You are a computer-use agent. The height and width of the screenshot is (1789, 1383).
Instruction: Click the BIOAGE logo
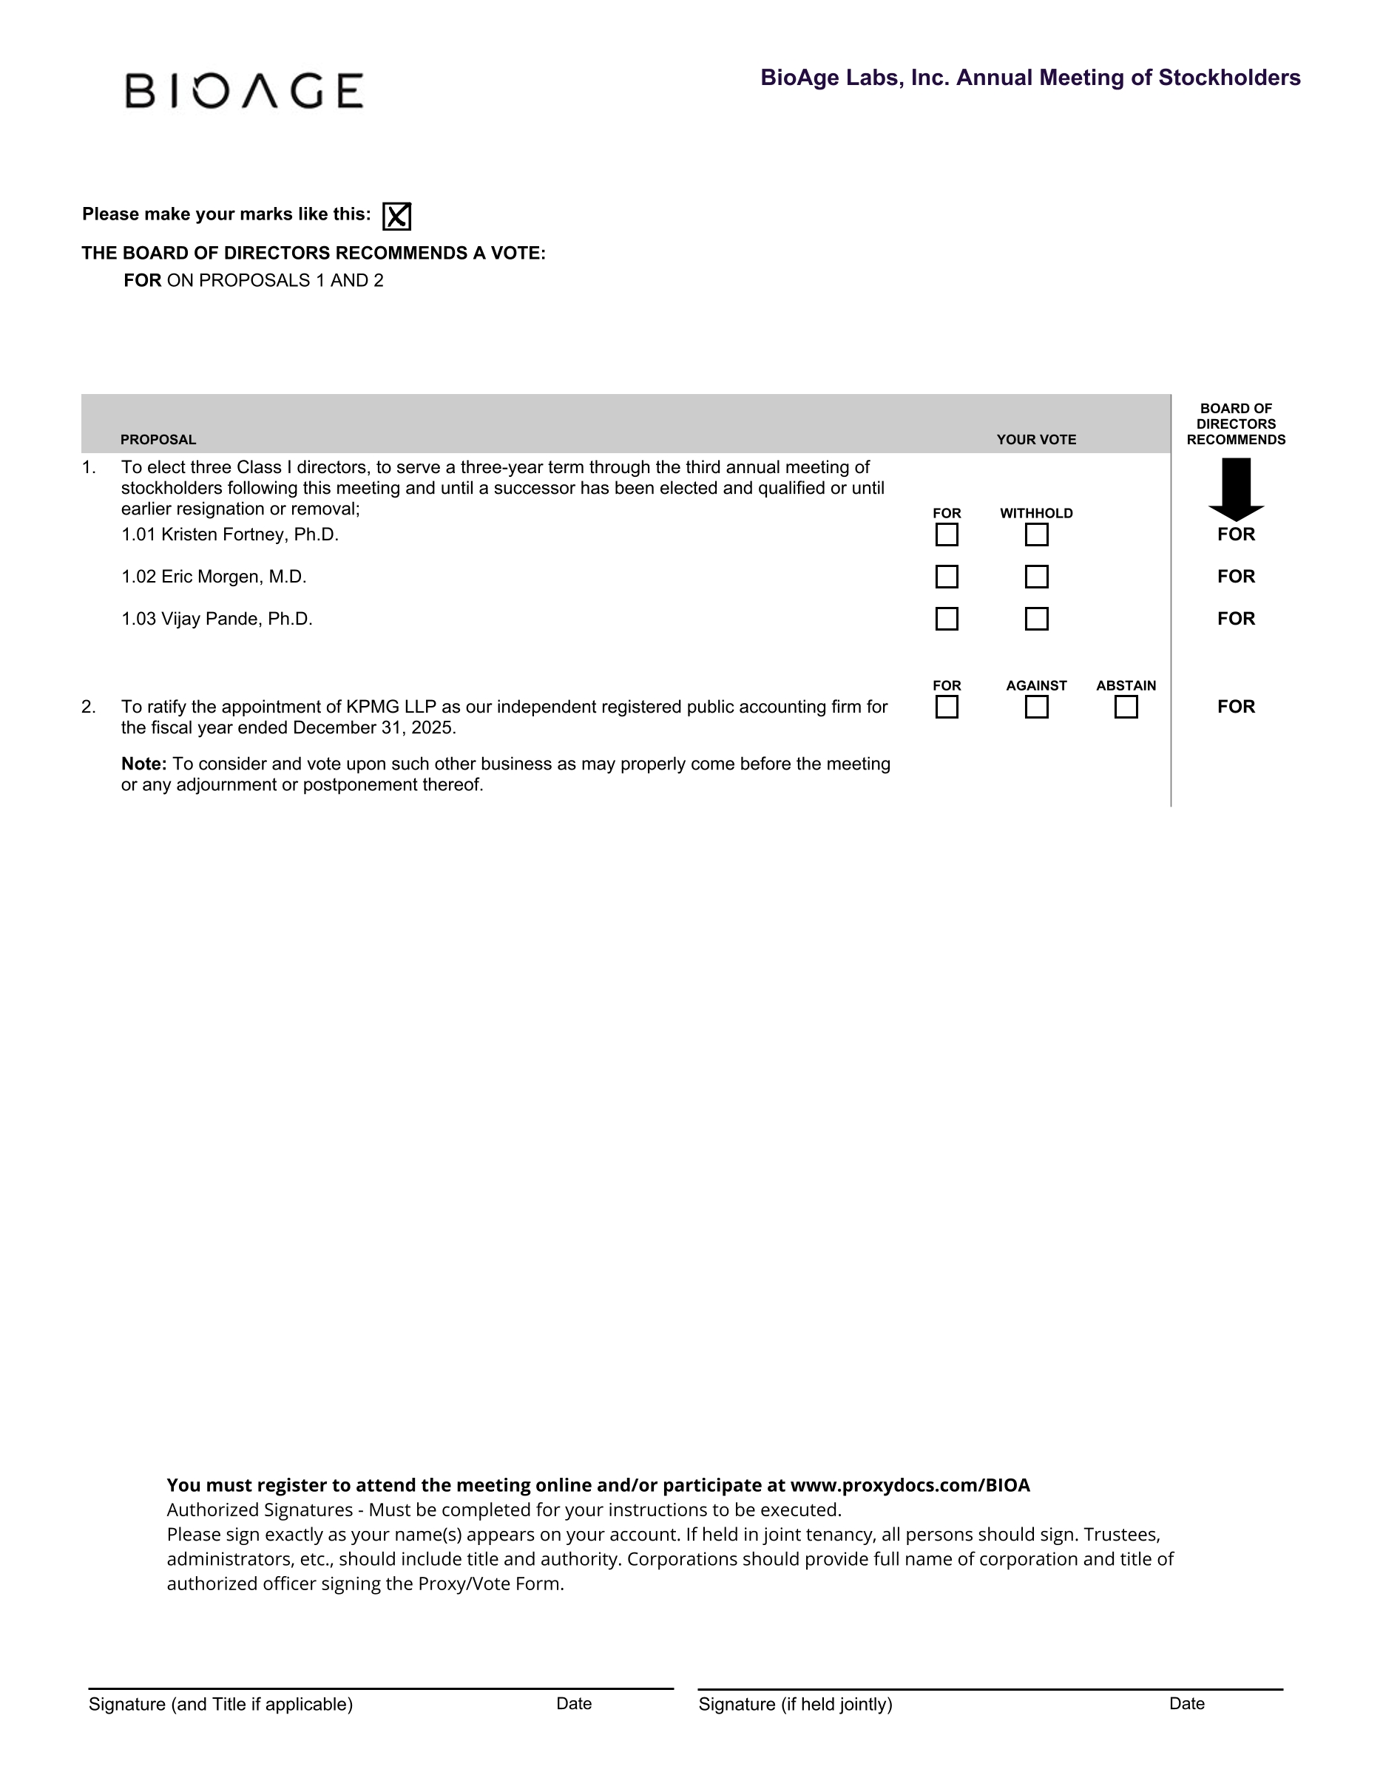(243, 90)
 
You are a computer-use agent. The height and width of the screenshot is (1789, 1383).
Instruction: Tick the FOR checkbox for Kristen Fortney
(947, 535)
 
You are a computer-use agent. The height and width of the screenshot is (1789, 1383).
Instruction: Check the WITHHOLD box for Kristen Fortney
(1036, 535)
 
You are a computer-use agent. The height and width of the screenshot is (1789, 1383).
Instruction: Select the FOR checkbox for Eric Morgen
(947, 577)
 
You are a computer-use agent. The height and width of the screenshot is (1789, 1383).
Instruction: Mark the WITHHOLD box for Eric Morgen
(1036, 577)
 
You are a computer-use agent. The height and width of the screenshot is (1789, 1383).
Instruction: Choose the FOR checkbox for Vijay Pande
(947, 619)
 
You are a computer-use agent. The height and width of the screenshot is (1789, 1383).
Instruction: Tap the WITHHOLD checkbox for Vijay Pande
(1036, 619)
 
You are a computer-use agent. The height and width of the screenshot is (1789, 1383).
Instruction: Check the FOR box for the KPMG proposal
(947, 707)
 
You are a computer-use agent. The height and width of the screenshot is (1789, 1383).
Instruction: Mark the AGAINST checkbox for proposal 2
(1036, 707)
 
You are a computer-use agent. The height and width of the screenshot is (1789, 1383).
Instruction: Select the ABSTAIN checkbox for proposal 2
(1126, 707)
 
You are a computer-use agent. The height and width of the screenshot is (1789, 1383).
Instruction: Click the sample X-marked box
(396, 217)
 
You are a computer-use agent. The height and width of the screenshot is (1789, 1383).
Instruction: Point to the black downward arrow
(1236, 488)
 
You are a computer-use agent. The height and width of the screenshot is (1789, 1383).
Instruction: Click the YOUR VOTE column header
(1035, 440)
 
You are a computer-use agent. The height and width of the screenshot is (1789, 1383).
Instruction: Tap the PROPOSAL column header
(158, 440)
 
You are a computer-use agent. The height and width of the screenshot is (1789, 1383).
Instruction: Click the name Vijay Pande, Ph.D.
(237, 619)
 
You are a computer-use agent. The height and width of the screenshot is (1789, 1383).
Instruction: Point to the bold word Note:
(144, 764)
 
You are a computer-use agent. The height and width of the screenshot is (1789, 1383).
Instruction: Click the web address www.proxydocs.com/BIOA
(910, 1485)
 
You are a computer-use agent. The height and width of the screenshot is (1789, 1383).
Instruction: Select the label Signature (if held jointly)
(795, 1704)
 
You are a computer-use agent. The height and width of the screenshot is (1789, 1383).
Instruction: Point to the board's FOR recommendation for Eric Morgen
(1236, 577)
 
